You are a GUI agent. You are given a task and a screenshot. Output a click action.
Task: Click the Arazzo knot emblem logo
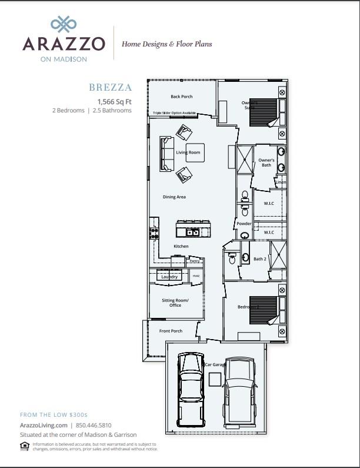[x=64, y=24]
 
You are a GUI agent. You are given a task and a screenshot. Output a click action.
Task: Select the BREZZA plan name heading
[x=111, y=88]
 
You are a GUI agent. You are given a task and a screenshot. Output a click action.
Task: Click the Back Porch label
[x=181, y=97]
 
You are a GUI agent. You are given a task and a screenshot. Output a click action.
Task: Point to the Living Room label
[x=188, y=152]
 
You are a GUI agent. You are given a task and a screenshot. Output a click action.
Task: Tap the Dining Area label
[x=174, y=197]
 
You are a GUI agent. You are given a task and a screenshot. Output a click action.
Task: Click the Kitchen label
[x=181, y=245]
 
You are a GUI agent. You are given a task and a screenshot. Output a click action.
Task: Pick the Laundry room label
[x=169, y=276]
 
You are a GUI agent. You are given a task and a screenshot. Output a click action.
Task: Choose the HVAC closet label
[x=196, y=276]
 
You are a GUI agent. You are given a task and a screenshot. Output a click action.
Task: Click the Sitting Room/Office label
[x=175, y=303]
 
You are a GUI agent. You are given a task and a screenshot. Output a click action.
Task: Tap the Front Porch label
[x=171, y=331]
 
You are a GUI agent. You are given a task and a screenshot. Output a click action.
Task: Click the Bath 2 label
[x=260, y=259]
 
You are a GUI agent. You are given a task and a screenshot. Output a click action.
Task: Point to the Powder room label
[x=244, y=224]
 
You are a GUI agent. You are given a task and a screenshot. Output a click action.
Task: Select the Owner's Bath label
[x=266, y=162]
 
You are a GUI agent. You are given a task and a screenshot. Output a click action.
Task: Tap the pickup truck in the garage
[x=239, y=389]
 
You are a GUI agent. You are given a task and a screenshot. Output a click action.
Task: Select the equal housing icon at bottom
[x=24, y=446]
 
